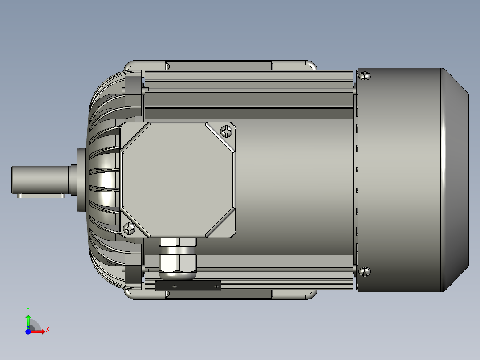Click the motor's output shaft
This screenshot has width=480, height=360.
pyautogui.click(x=40, y=179)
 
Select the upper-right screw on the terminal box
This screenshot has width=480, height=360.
pyautogui.click(x=227, y=131)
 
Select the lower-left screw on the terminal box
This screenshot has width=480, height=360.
pyautogui.click(x=130, y=229)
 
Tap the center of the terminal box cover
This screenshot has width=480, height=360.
pyautogui.click(x=178, y=180)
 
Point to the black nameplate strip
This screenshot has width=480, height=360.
pyautogui.click(x=188, y=286)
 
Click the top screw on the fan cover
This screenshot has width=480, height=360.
pyautogui.click(x=365, y=75)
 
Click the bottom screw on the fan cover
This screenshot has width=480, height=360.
pyautogui.click(x=365, y=271)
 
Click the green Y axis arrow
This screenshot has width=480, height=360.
pyautogui.click(x=28, y=320)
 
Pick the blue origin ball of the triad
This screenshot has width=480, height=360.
pyautogui.click(x=28, y=331)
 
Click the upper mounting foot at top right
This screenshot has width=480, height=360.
pyautogui.click(x=294, y=65)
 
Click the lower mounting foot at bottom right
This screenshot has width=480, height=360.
pyautogui.click(x=294, y=294)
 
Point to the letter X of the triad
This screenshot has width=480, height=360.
pyautogui.click(x=48, y=330)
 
